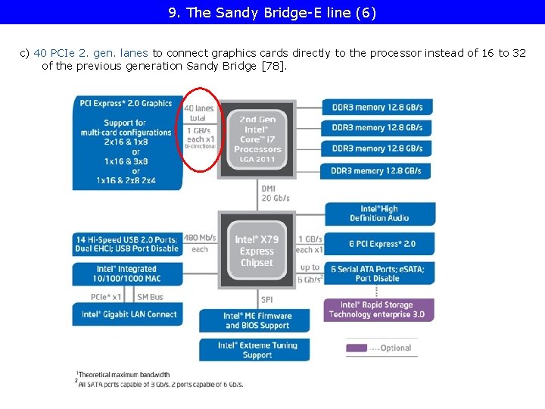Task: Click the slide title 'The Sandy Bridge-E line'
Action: (272, 12)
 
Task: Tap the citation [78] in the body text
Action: (273, 66)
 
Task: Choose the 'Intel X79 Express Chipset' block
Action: (257, 251)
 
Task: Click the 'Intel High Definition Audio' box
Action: (379, 214)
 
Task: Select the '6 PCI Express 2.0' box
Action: (382, 244)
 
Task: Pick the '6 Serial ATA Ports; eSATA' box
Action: (378, 273)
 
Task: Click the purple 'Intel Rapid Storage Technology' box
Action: (378, 310)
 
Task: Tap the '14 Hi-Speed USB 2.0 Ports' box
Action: (127, 244)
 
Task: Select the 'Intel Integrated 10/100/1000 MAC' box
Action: (127, 273)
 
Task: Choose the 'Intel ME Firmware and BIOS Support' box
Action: (257, 320)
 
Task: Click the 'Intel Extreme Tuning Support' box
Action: (257, 350)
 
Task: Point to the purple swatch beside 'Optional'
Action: (357, 348)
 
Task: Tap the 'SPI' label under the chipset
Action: (266, 300)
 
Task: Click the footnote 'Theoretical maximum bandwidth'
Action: (124, 374)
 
